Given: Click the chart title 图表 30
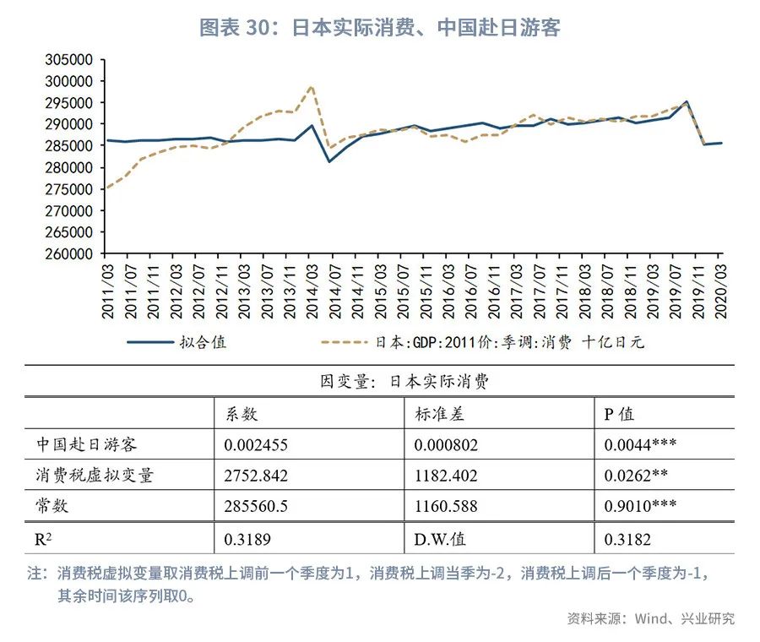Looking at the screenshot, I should [379, 28].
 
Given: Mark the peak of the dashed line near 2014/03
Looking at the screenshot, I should [312, 86].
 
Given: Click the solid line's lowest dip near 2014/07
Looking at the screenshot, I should [329, 161].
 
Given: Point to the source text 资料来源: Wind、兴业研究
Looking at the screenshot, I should [650, 618].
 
